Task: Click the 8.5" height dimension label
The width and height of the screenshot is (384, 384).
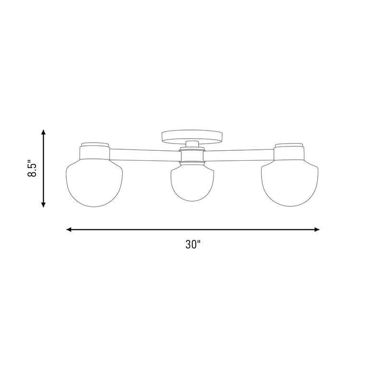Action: coord(32,168)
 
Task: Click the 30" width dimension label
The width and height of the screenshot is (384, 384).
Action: coord(193,244)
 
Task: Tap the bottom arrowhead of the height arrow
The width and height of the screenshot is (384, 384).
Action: coord(44,205)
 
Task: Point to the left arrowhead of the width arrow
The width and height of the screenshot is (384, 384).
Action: coord(69,229)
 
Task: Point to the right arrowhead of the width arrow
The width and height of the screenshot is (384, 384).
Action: coord(317,229)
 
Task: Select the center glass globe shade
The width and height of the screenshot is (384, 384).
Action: coord(192,182)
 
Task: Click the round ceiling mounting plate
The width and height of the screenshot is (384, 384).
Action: coord(192,137)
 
